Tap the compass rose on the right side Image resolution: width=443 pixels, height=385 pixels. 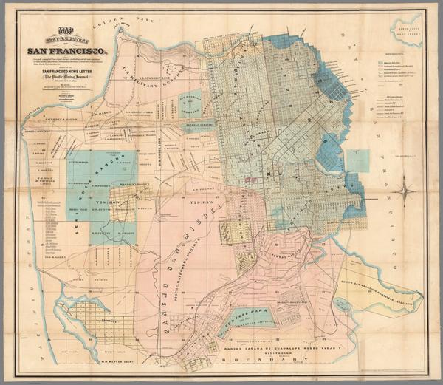coord(405,193)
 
